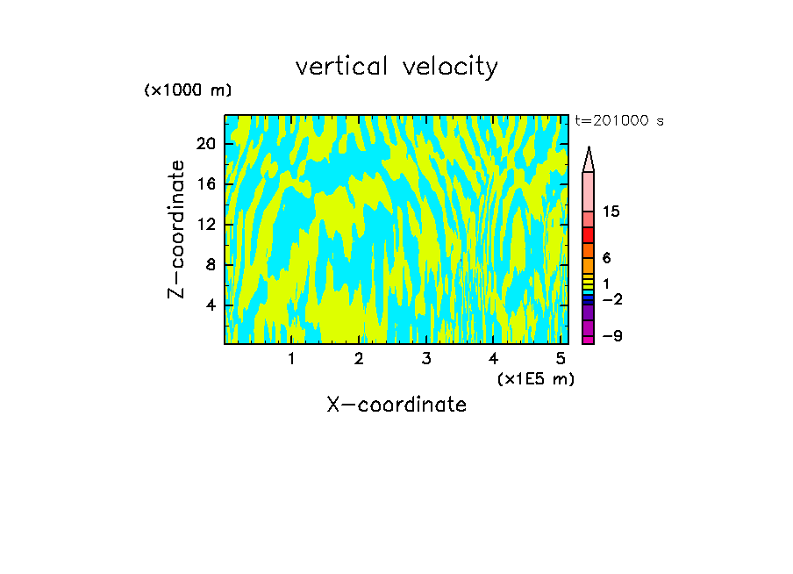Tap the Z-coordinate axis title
tap(177, 229)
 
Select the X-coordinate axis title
tap(396, 405)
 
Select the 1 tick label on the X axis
tap(291, 359)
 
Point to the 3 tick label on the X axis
tap(425, 359)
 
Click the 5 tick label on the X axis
tap(560, 359)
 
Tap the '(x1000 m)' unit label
tap(188, 90)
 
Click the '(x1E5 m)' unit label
tap(535, 379)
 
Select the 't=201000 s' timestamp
tap(619, 121)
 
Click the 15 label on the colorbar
tap(611, 212)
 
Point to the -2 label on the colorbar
tap(611, 299)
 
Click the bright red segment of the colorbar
tap(588, 235)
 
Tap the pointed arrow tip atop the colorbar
tap(589, 159)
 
